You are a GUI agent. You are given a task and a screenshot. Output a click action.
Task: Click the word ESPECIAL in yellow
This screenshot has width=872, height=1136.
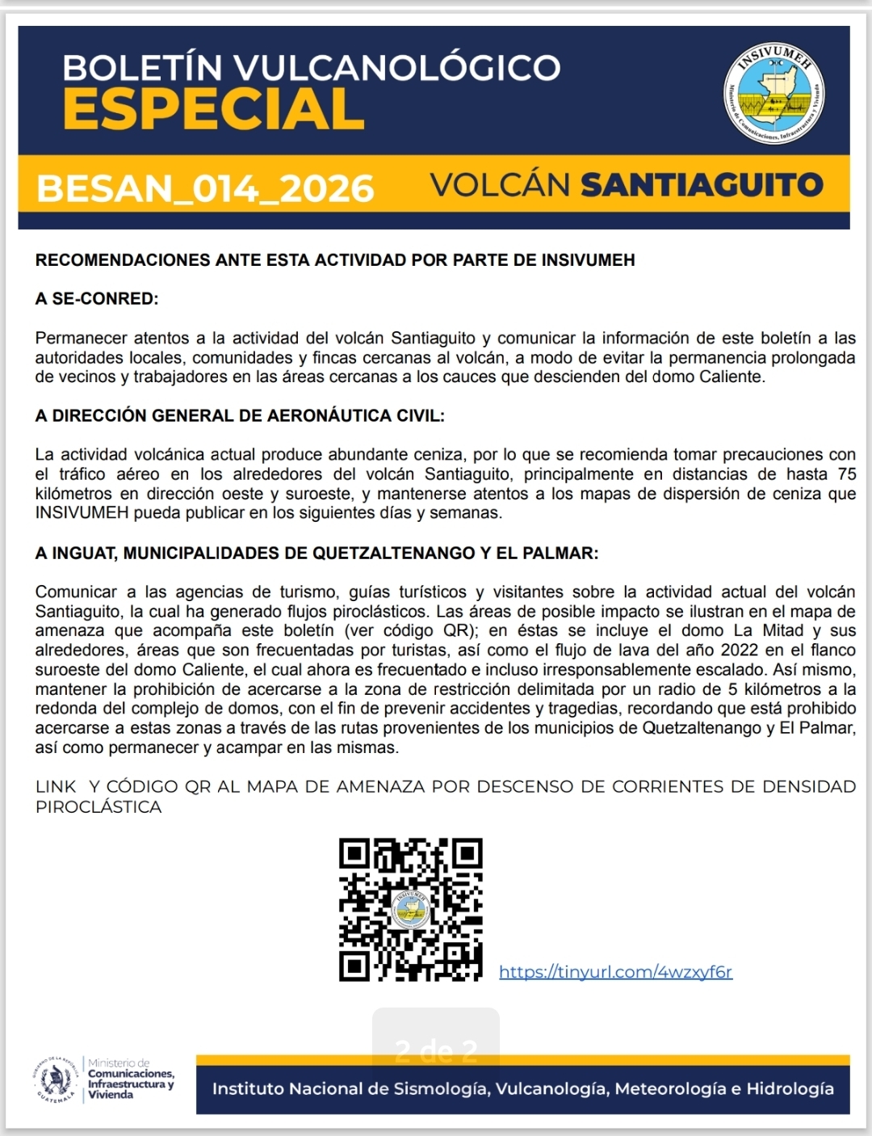(214, 110)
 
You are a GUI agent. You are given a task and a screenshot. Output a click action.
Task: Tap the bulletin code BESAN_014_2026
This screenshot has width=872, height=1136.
(205, 189)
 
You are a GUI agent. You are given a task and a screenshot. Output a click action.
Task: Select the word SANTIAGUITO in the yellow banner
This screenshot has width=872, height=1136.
(702, 185)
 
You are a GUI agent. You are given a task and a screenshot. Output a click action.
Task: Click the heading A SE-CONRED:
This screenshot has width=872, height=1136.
(97, 299)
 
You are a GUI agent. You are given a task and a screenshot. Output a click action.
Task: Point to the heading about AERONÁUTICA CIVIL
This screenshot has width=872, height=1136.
(240, 416)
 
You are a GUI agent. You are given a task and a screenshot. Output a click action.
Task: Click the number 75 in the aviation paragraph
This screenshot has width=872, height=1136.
(846, 474)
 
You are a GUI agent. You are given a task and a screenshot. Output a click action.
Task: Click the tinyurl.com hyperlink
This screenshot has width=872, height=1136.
(615, 972)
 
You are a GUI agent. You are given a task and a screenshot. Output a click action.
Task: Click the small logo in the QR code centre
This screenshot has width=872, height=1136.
(411, 910)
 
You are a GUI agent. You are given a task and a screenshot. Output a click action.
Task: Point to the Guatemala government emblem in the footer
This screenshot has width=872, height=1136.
(56, 1079)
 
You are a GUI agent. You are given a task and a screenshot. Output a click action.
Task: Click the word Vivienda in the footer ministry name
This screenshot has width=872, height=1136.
(111, 1095)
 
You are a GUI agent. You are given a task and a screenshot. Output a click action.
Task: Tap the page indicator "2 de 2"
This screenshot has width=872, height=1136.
(436, 1050)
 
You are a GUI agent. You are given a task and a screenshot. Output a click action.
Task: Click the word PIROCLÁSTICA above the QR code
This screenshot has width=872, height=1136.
(99, 807)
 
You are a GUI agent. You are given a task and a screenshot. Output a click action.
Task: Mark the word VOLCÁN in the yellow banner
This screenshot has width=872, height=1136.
(501, 185)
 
